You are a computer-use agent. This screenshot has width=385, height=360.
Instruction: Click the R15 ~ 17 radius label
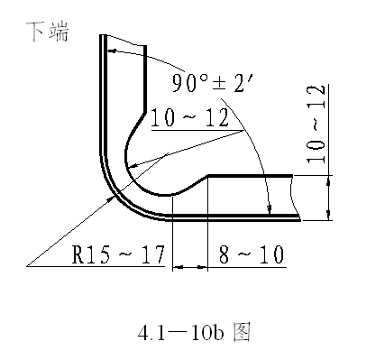117,256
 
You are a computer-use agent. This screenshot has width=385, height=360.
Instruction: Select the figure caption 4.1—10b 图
192,331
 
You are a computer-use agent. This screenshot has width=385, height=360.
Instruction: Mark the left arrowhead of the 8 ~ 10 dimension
177,267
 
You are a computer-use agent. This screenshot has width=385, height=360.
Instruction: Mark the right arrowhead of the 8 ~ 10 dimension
204,267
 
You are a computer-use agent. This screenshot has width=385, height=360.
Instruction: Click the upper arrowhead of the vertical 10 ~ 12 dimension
329,180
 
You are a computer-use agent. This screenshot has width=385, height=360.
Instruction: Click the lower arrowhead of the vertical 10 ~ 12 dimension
329,214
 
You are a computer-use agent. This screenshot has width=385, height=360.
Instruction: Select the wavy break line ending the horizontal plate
297,196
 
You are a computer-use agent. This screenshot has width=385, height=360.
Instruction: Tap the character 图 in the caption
241,331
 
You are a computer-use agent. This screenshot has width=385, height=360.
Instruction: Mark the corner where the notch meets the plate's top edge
208,175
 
